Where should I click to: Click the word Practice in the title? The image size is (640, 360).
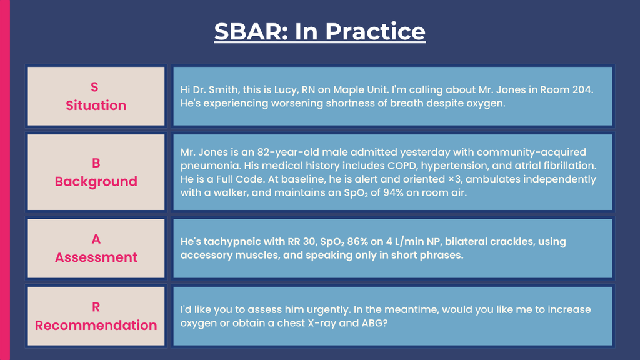point(375,31)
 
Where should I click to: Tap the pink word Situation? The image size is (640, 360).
point(96,105)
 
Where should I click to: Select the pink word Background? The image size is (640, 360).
point(96,182)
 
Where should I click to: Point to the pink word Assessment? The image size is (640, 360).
point(96,257)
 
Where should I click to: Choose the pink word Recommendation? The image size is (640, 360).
point(96,325)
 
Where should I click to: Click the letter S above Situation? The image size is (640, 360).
point(94,87)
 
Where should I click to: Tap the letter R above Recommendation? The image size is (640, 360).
point(96,307)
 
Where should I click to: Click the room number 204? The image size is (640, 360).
point(582,89)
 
